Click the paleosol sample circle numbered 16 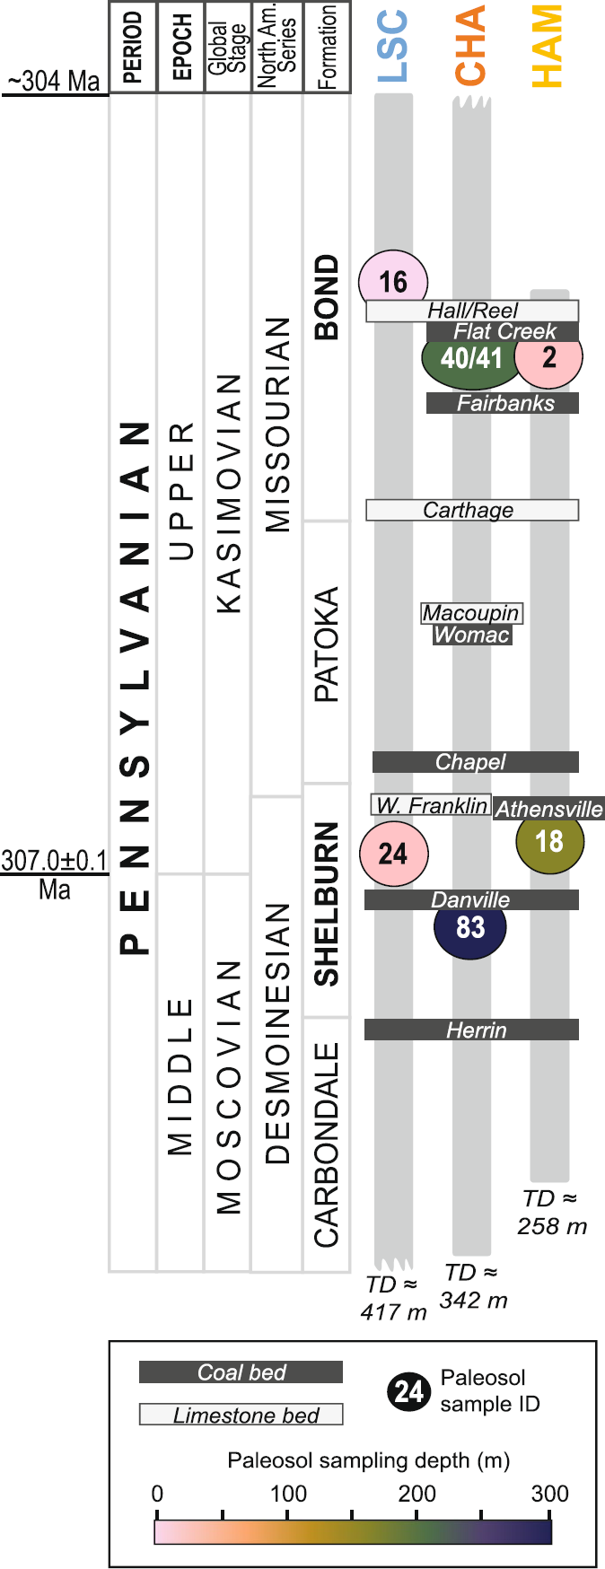[x=393, y=281]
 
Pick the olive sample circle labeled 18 [x=549, y=842]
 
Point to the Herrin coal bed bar [x=472, y=1030]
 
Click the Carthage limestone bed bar [x=472, y=511]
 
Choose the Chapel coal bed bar [x=475, y=762]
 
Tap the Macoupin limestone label [x=472, y=613]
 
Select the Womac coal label [x=472, y=635]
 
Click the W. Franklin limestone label [x=431, y=805]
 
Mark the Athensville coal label [x=548, y=809]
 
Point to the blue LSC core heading [x=393, y=47]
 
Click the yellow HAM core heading [x=548, y=47]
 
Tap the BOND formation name [x=327, y=297]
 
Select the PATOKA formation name [x=327, y=644]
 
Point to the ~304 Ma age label [x=54, y=81]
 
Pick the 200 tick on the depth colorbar [x=416, y=1494]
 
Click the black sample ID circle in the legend [x=409, y=1392]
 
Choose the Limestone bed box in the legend [x=241, y=1416]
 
